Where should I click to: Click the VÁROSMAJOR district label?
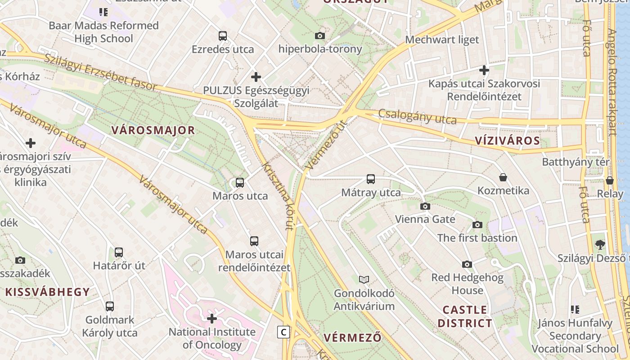point(153,130)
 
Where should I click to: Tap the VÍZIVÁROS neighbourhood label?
point(507,140)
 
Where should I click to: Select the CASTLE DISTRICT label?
point(465,316)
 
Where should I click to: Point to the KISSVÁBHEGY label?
point(48,292)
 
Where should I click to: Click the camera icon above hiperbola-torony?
point(320,36)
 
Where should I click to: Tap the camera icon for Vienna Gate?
point(425,207)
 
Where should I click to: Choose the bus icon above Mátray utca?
point(371,179)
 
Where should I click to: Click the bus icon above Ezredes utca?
point(223,36)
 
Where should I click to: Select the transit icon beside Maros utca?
point(240,183)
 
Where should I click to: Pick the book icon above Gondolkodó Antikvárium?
point(364,280)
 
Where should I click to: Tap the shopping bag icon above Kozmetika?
point(503,178)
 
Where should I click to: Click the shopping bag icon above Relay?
point(610,180)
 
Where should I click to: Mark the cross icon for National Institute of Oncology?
point(212,319)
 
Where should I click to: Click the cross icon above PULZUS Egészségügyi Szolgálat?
point(256,77)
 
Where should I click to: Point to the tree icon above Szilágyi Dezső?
point(600,245)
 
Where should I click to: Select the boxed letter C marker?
point(283,332)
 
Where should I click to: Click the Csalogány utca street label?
point(417,117)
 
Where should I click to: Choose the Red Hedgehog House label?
point(467,284)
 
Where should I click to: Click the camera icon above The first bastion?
point(477,225)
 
